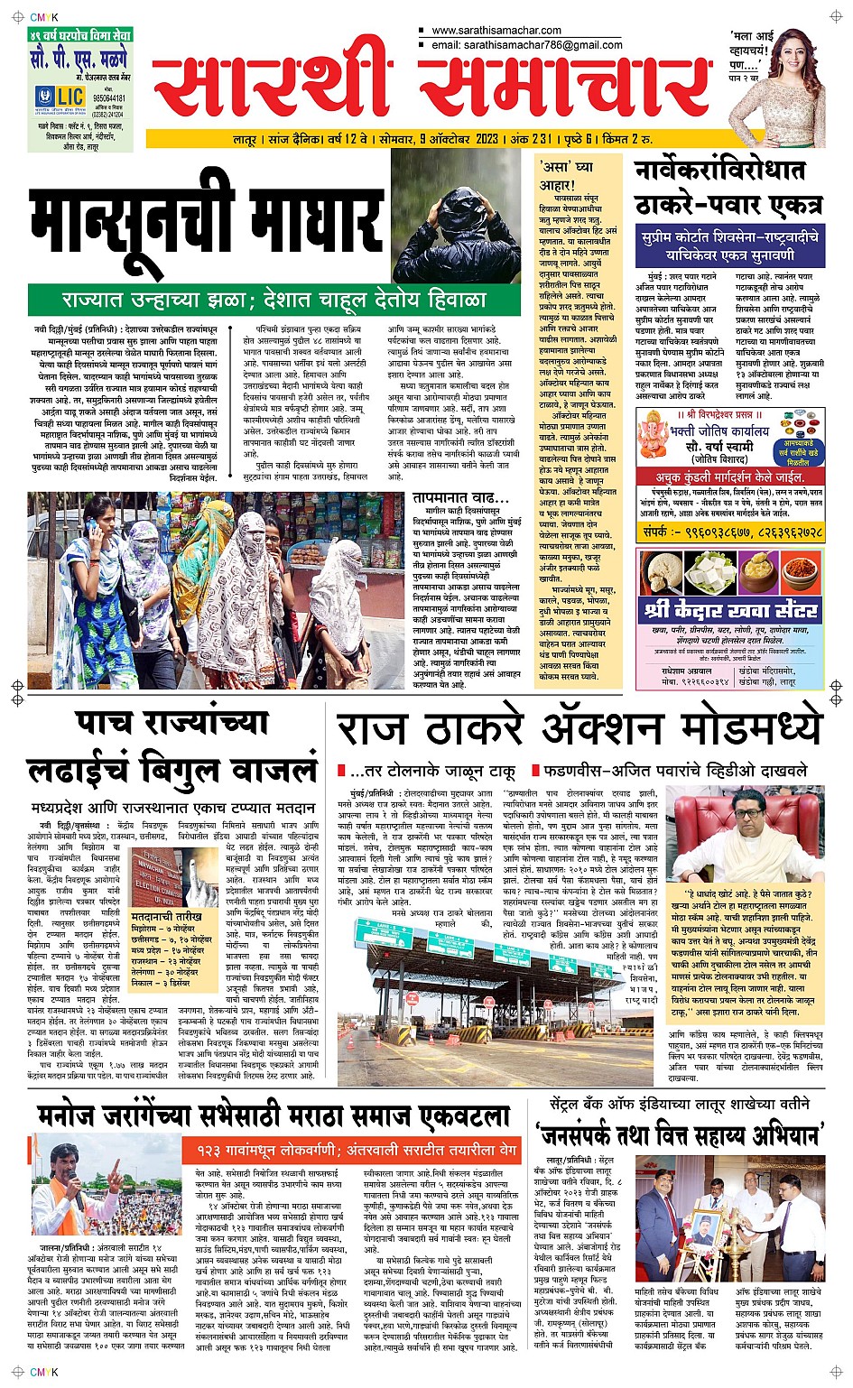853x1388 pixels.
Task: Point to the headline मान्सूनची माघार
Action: [207, 223]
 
